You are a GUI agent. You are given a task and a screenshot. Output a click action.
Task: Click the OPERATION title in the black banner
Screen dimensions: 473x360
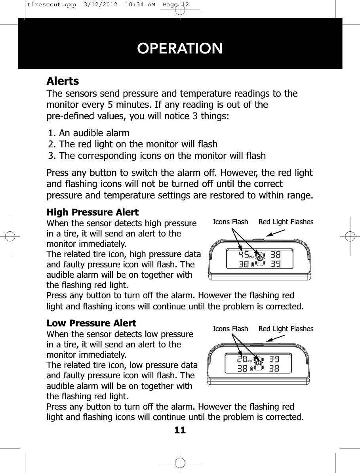(180, 48)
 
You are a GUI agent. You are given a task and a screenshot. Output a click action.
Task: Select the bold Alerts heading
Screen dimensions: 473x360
(63, 81)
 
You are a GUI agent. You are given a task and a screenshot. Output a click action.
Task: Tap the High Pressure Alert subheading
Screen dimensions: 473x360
(93, 212)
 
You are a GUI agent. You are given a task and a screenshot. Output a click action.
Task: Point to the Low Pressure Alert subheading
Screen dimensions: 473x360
(91, 323)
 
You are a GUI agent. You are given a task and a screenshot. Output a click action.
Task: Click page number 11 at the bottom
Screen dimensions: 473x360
(180, 429)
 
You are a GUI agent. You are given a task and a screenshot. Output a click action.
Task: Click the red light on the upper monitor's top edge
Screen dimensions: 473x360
(258, 240)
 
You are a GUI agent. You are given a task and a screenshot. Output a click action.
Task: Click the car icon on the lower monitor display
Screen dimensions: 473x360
(259, 364)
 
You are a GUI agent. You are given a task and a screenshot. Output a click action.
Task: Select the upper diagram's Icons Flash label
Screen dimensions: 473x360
(230, 222)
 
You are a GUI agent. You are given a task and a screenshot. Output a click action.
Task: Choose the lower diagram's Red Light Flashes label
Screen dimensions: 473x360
(286, 329)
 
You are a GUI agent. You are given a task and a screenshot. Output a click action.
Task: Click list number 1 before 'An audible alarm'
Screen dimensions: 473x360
(51, 132)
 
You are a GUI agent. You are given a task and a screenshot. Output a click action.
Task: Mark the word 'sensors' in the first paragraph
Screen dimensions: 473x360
(82, 94)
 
